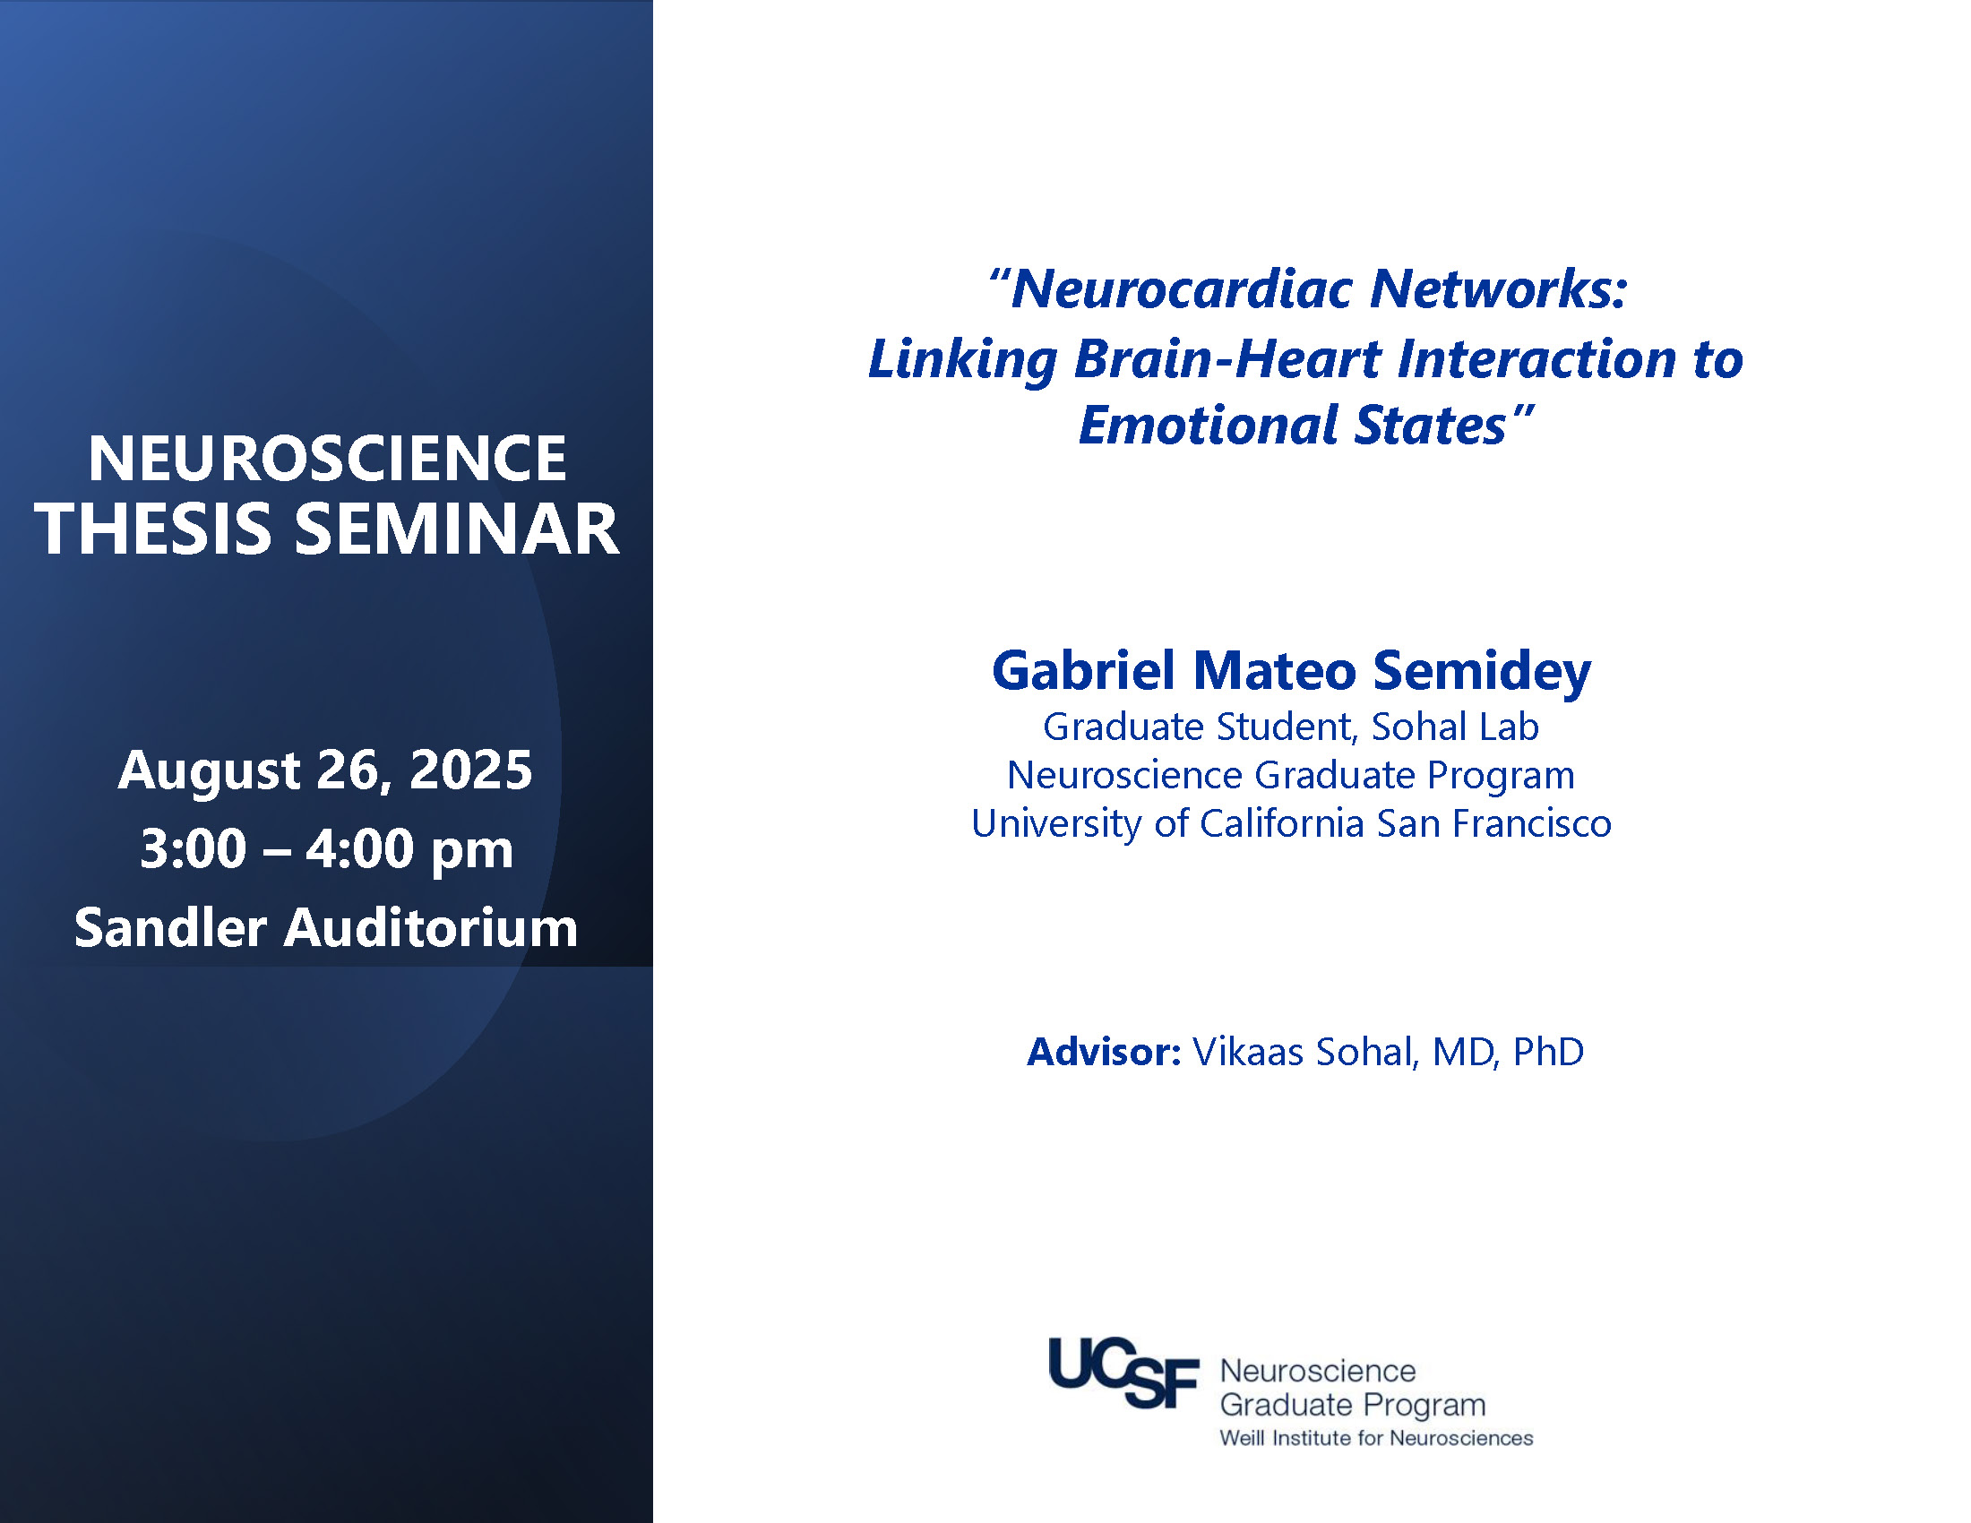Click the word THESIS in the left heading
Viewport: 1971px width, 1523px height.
click(x=153, y=529)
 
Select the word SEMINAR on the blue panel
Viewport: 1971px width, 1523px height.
click(x=458, y=529)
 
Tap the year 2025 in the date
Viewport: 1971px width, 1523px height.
click(x=471, y=770)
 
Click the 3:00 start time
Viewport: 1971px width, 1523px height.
click(x=194, y=849)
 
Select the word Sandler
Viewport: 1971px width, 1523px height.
click(x=170, y=927)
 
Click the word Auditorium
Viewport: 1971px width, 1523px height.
click(x=430, y=927)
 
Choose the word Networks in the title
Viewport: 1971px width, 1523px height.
click(x=1498, y=288)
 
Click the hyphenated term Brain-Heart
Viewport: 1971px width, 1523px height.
click(x=1227, y=358)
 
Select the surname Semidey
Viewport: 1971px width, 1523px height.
click(x=1482, y=672)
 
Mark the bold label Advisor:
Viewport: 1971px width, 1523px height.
click(x=1104, y=1052)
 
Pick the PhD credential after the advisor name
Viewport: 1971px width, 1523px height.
click(x=1548, y=1052)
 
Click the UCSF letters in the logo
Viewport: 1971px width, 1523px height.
click(x=1123, y=1372)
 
